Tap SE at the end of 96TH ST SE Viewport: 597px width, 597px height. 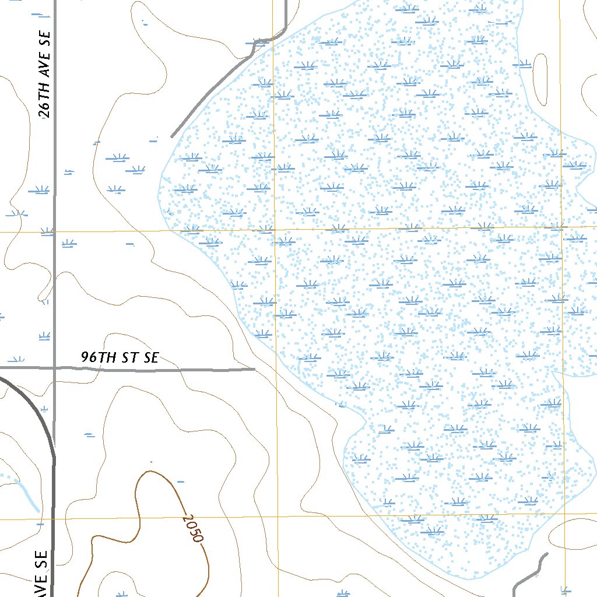tap(150, 358)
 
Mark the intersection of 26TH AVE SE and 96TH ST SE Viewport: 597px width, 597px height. tap(55, 368)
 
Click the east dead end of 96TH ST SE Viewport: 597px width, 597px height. tap(255, 369)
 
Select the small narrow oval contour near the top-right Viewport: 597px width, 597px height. tap(540, 80)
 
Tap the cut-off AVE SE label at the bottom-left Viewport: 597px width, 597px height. tap(41, 574)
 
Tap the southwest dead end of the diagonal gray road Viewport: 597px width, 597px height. tap(171, 137)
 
